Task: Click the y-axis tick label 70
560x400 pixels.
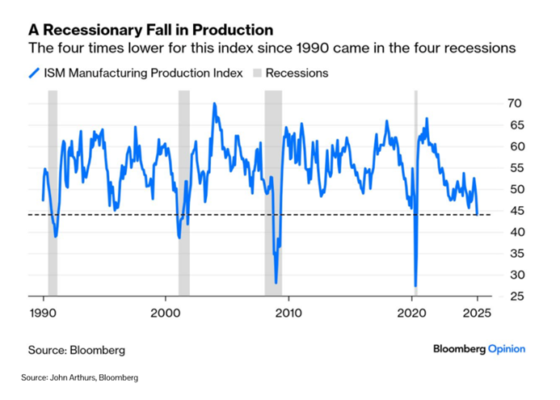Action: click(x=515, y=103)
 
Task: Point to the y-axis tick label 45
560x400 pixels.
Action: click(x=515, y=211)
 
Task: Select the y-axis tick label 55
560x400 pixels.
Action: click(x=515, y=168)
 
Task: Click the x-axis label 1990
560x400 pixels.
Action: click(x=43, y=314)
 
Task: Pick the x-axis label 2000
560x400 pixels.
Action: click(x=166, y=314)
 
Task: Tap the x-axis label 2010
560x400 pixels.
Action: click(x=288, y=314)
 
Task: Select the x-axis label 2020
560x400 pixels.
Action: click(x=412, y=314)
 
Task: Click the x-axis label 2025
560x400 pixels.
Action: click(x=477, y=314)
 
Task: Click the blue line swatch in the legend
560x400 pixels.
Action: click(x=34, y=74)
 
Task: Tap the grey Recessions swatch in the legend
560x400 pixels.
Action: click(x=257, y=74)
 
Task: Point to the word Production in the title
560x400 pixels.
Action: click(x=233, y=30)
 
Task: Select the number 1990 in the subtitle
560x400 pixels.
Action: click(x=311, y=48)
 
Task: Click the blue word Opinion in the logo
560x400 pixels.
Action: click(x=507, y=349)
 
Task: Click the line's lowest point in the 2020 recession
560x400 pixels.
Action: click(x=415, y=286)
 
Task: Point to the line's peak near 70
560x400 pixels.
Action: click(x=214, y=103)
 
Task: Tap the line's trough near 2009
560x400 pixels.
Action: click(x=276, y=283)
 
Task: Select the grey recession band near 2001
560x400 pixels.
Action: click(x=184, y=193)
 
